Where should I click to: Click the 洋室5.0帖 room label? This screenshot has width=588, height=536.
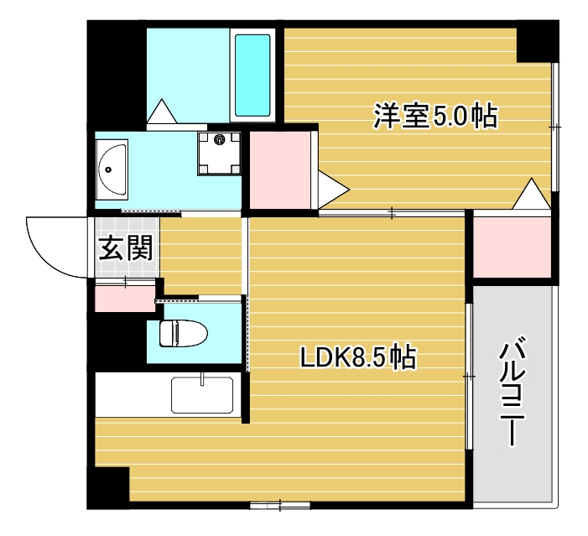(x=435, y=116)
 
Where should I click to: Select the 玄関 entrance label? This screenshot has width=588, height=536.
(x=126, y=247)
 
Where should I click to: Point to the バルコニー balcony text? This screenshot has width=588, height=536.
(x=513, y=392)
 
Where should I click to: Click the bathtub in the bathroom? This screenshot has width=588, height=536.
(x=252, y=75)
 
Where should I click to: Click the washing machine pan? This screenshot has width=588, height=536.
(x=219, y=153)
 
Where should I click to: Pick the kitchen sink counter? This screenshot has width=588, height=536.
(x=202, y=395)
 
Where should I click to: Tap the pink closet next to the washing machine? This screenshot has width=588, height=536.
(x=279, y=169)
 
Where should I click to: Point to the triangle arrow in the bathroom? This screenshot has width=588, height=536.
(x=159, y=112)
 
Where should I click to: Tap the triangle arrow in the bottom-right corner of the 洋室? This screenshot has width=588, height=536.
(x=531, y=195)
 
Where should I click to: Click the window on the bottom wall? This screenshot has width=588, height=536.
(x=279, y=505)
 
